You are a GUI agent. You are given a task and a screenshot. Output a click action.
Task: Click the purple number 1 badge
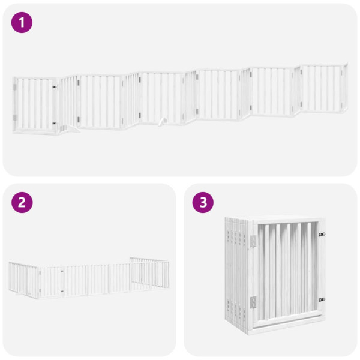click(22, 23)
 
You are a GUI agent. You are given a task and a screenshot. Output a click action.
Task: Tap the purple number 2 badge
click(22, 202)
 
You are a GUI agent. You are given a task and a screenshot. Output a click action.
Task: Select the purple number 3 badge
click(203, 202)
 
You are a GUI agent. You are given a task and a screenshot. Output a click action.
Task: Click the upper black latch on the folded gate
click(322, 235)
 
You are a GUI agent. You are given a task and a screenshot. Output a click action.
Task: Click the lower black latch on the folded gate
click(322, 298)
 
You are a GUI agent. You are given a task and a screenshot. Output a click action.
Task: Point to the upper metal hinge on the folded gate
click(252, 241)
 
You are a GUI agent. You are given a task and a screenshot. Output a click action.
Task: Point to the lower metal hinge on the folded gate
click(252, 303)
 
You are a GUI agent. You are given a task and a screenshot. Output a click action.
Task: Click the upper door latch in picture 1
click(55, 88)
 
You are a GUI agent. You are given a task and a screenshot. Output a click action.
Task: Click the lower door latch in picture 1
click(55, 124)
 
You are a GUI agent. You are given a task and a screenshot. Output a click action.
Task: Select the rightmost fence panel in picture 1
click(324, 88)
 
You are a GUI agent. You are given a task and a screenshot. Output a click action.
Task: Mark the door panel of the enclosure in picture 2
click(52, 283)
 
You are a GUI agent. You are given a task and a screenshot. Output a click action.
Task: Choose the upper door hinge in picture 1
click(16, 88)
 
